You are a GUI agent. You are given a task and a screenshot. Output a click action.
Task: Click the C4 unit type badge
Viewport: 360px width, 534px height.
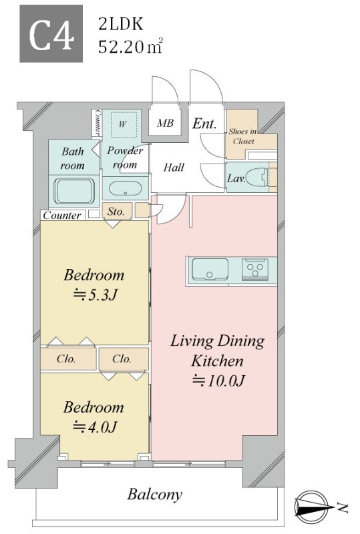coord(51,33)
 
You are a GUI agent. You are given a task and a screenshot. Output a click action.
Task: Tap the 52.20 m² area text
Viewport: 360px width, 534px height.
coord(130,47)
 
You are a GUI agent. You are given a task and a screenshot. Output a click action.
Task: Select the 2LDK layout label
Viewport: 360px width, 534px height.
coord(120,25)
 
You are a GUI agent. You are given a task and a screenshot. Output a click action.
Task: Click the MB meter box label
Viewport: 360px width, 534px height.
coord(166,123)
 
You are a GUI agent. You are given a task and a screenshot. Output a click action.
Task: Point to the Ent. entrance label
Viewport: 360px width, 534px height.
coord(204,123)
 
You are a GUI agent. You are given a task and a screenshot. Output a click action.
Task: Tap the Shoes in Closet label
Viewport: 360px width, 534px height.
coord(242,136)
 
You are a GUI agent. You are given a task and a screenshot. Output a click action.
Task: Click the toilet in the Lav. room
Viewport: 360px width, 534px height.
coord(257,178)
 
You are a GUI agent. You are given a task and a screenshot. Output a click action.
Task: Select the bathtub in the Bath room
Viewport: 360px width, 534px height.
coord(74,191)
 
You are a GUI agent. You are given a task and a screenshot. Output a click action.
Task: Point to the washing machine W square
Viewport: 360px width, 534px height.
coord(122,125)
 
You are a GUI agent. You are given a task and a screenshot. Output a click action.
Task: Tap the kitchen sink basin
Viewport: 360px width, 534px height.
coord(210,269)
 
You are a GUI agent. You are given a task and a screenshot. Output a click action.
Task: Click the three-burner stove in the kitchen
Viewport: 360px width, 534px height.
coord(254,269)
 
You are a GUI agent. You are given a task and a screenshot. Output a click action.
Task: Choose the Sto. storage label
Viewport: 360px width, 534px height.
coord(116,212)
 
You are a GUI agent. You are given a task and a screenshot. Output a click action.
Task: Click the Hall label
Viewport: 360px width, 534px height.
coord(174,168)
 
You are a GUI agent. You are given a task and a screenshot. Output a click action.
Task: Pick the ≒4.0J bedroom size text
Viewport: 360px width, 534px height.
coord(96,427)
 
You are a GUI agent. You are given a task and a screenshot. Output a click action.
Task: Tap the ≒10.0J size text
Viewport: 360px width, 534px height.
coord(218,380)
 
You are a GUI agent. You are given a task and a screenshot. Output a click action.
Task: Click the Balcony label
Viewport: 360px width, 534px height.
coord(155,494)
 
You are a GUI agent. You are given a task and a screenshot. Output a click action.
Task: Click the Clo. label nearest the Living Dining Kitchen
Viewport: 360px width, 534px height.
coord(122,358)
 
